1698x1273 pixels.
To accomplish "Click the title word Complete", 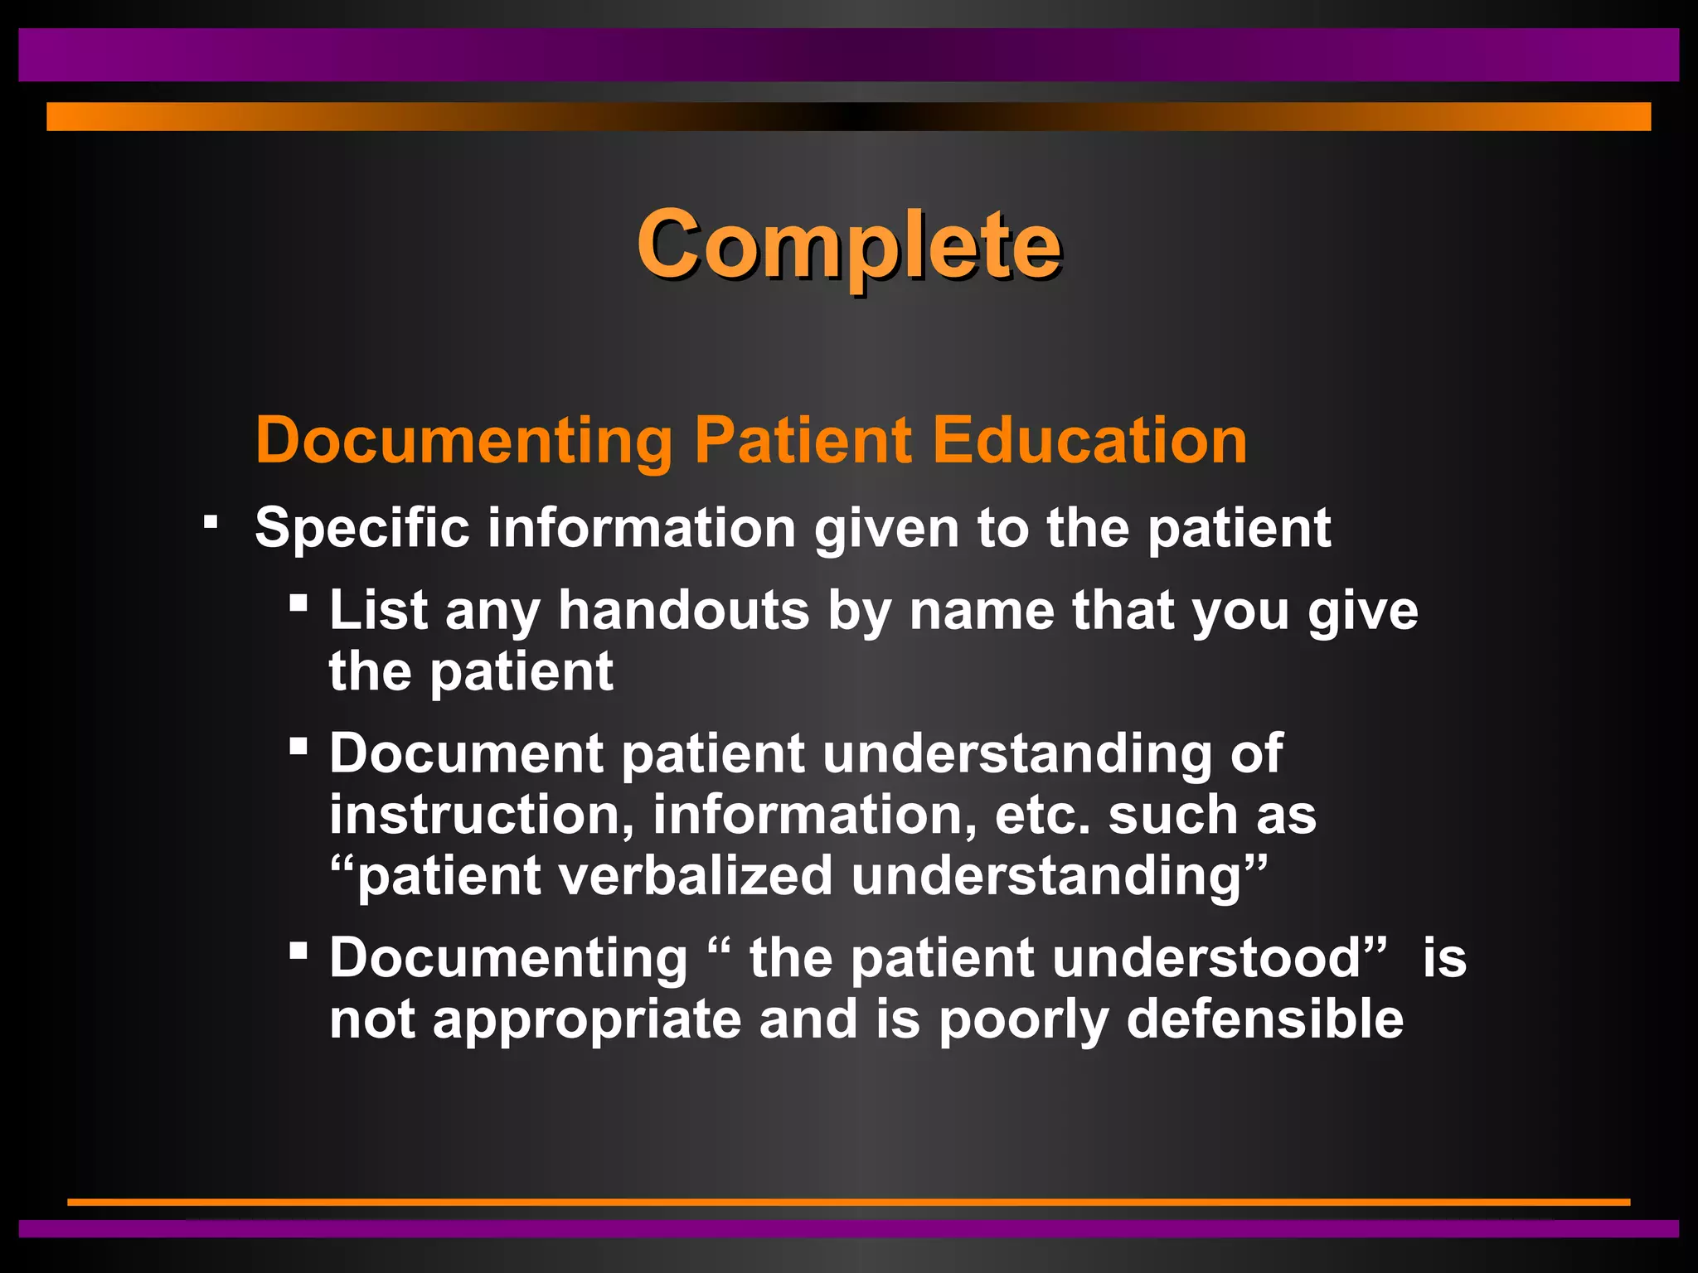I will pyautogui.click(x=848, y=244).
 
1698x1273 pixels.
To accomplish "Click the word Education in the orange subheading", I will pyautogui.click(x=1089, y=440).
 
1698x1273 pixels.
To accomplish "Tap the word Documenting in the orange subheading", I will pyautogui.click(x=463, y=440).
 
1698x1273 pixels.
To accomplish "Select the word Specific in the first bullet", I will pyautogui.click(x=361, y=528).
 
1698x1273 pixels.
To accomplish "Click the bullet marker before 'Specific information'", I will pyautogui.click(x=211, y=522).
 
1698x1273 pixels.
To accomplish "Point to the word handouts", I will pyautogui.click(x=683, y=611).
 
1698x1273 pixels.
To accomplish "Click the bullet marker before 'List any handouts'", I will pyautogui.click(x=298, y=602).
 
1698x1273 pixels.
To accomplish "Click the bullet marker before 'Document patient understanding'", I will pyautogui.click(x=298, y=745).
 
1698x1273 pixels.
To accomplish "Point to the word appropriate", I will pyautogui.click(x=587, y=1020).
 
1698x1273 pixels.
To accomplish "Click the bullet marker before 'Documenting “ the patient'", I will pyautogui.click(x=298, y=950).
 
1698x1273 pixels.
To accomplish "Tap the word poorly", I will pyautogui.click(x=1023, y=1020).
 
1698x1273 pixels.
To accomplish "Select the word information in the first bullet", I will pyautogui.click(x=641, y=528).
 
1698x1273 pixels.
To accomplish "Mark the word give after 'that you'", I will pyautogui.click(x=1363, y=611).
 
